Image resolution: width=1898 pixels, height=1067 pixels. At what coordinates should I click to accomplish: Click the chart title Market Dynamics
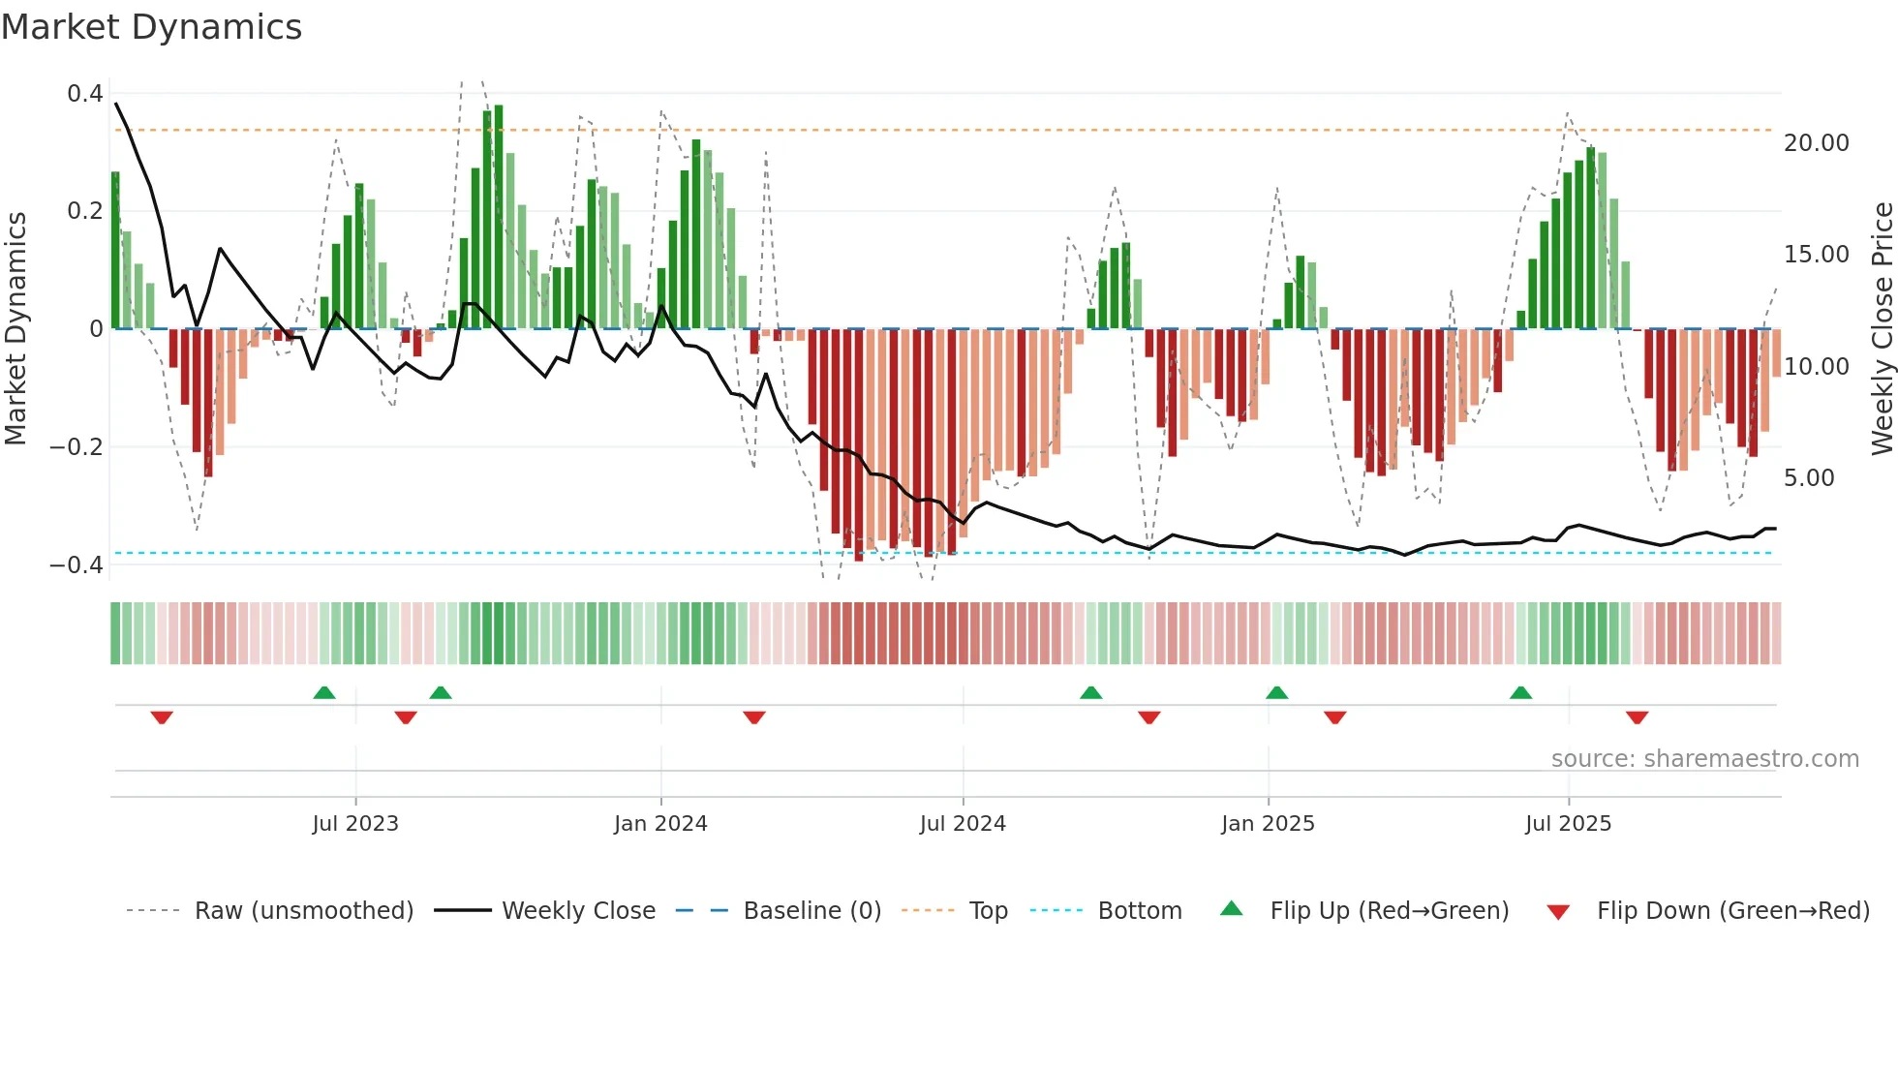point(152,27)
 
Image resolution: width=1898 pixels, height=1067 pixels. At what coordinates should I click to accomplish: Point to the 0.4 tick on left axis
point(85,94)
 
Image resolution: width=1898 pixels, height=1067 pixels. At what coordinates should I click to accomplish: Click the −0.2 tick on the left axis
point(77,446)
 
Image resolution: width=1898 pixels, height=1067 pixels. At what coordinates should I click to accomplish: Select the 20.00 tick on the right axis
point(1816,143)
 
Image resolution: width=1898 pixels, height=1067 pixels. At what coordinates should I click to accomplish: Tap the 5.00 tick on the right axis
point(1809,478)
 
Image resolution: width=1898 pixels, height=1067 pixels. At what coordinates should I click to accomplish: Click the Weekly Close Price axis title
point(1882,329)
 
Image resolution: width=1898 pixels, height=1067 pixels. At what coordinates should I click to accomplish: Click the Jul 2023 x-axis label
point(355,824)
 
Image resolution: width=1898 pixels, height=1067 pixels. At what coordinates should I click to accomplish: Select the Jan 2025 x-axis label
point(1268,824)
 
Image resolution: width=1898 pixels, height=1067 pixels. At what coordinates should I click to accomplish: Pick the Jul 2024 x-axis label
point(963,824)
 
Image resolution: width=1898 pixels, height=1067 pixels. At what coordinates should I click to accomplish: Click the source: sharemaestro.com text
point(1704,759)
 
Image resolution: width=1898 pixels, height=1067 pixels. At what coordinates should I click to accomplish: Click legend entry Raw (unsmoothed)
point(303,911)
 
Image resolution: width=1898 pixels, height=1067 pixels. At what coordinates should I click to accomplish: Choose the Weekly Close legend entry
point(578,911)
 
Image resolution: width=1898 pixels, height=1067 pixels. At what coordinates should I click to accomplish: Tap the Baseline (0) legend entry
point(811,911)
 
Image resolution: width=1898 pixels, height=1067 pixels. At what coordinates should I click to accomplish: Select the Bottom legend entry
point(1139,911)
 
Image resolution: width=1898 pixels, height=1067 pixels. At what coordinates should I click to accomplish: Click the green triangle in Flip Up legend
point(1231,908)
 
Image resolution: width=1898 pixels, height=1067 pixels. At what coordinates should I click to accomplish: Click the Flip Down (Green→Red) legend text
point(1732,911)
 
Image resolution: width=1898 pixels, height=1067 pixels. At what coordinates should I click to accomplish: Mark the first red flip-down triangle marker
point(162,717)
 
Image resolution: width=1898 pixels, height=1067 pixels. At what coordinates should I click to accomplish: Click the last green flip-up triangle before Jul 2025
point(1520,692)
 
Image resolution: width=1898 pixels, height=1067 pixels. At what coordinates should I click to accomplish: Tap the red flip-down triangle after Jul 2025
point(1637,717)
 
